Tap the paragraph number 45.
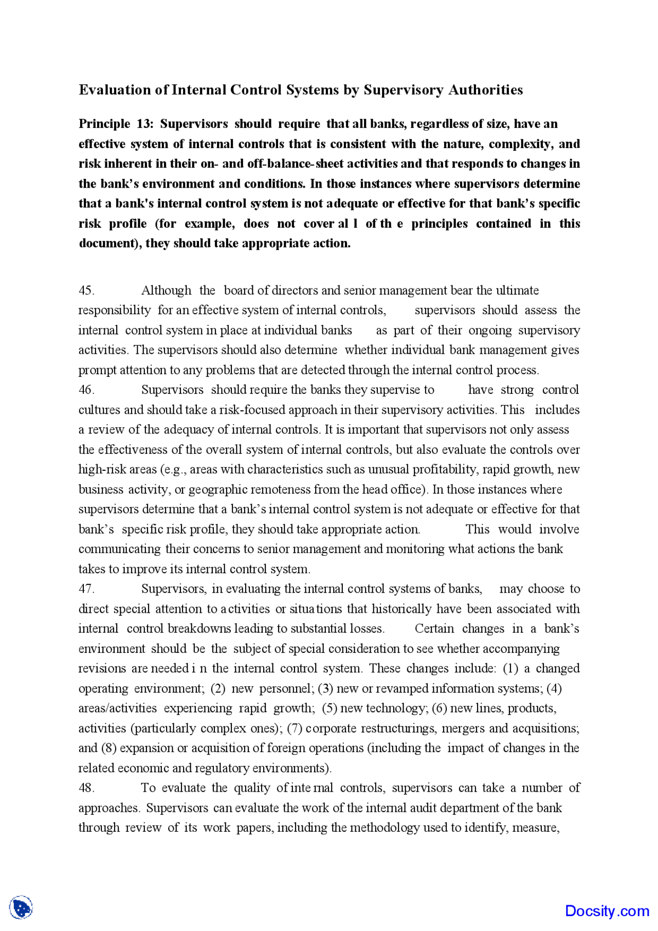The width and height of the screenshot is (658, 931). coord(86,290)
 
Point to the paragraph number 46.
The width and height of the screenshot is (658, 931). coord(86,390)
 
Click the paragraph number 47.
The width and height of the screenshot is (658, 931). coord(86,589)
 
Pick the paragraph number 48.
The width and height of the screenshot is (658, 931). coord(86,788)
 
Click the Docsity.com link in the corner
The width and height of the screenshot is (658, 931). coord(607,911)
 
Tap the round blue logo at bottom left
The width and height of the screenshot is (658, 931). coord(21,908)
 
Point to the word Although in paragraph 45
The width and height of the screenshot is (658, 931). coord(166,290)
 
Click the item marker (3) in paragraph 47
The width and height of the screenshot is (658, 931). coord(325,688)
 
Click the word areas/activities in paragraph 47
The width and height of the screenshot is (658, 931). coord(117,708)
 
